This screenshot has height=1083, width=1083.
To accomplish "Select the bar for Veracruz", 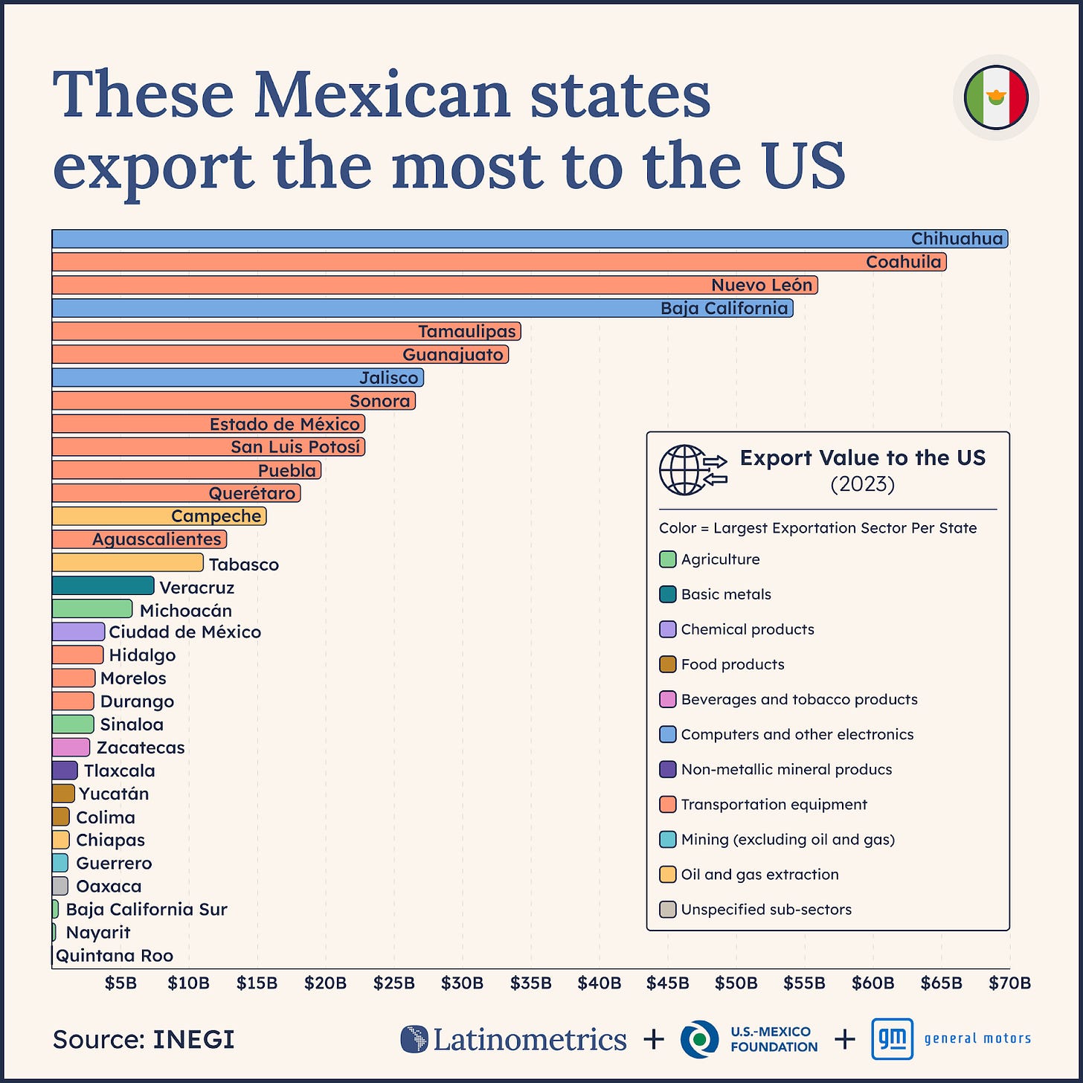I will [x=103, y=586].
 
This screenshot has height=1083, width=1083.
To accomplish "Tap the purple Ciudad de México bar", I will [x=78, y=632].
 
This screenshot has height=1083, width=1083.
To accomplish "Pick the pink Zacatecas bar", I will [x=71, y=748].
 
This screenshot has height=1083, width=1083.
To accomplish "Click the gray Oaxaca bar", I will [x=60, y=886].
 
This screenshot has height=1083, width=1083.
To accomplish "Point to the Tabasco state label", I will [x=243, y=565].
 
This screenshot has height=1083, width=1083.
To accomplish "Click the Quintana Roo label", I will [x=115, y=956].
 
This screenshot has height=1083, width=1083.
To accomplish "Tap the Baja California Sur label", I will [x=147, y=910].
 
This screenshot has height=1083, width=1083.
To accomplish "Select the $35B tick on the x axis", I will [x=531, y=983].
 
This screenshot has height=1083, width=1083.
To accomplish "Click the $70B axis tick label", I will [x=1009, y=983].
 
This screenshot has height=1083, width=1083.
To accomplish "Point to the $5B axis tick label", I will [x=120, y=983].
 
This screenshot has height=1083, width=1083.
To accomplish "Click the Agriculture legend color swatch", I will [x=667, y=559].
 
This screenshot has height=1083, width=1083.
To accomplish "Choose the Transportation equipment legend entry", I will [x=774, y=805].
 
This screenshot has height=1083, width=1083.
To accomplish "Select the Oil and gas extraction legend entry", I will [x=759, y=875].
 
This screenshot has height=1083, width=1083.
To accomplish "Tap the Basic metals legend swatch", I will [x=667, y=594].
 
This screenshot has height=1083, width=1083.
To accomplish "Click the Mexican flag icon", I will [x=996, y=97].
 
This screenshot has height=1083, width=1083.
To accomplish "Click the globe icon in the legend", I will [x=684, y=470].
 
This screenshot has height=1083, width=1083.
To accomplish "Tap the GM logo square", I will [x=892, y=1039].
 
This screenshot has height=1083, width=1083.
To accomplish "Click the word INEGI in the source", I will [x=193, y=1039].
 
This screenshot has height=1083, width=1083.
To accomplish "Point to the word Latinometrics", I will [x=529, y=1039].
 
